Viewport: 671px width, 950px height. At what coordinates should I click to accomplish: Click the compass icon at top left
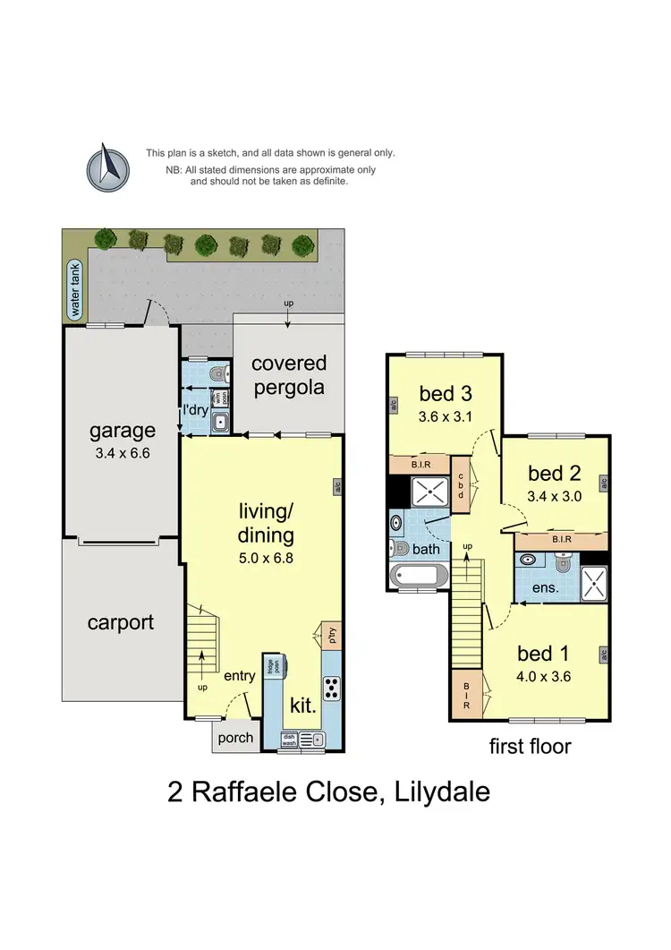tap(106, 167)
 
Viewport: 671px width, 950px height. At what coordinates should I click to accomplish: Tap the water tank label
tap(75, 290)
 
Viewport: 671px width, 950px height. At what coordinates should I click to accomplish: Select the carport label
tap(121, 622)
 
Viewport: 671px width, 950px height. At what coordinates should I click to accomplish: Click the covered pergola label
tap(288, 375)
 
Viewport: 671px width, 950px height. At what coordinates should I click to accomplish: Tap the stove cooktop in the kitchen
tap(331, 688)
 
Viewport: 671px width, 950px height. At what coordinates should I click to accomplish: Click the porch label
tap(236, 739)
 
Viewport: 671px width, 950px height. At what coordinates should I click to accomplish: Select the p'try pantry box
tap(331, 636)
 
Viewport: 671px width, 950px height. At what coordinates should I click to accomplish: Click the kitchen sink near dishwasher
tap(313, 740)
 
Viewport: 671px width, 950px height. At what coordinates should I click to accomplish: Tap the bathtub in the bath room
tap(420, 575)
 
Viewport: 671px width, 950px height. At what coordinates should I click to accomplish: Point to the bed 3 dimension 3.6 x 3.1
tap(445, 415)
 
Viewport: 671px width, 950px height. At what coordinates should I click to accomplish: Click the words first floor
tap(530, 746)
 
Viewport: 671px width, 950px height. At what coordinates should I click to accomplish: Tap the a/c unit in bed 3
tap(393, 406)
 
